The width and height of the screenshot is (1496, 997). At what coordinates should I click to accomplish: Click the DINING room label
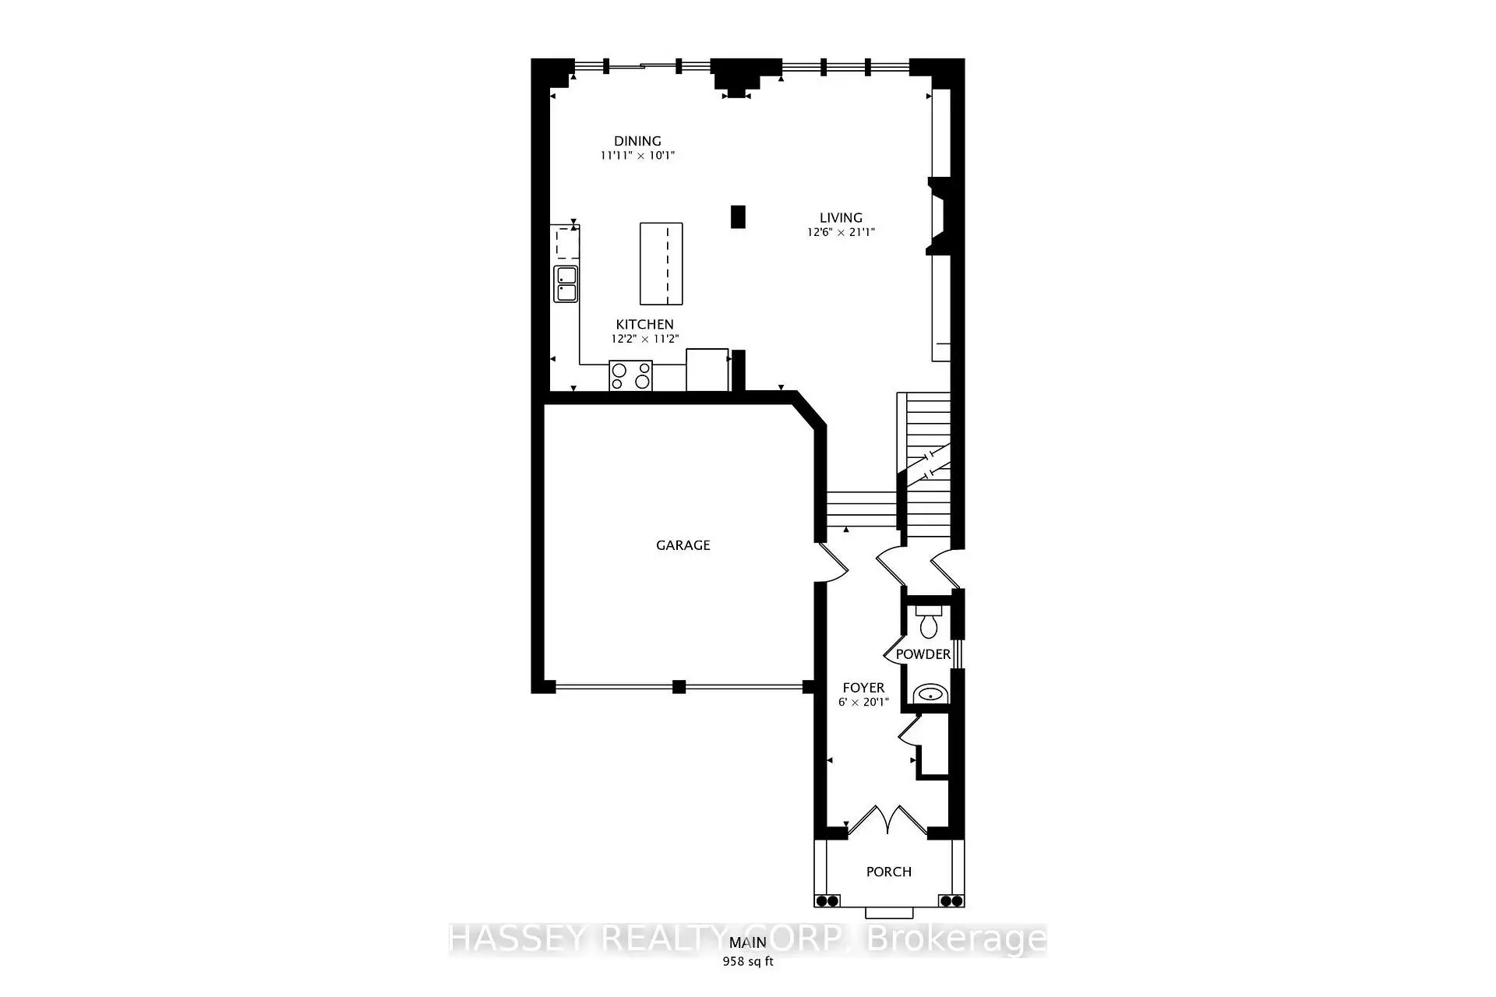[x=637, y=141]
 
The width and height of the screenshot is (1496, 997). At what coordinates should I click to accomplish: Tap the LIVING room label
[x=841, y=218]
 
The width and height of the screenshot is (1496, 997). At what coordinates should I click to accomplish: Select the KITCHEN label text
[x=644, y=325]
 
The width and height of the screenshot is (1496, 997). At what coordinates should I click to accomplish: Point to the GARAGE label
[x=683, y=545]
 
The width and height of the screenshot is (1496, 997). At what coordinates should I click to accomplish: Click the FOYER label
[x=863, y=688]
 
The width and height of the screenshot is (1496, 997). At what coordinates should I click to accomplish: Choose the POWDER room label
[x=923, y=654]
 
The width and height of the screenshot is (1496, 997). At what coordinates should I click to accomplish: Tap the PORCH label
[x=888, y=872]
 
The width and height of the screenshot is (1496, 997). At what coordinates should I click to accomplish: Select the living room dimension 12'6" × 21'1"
[x=841, y=232]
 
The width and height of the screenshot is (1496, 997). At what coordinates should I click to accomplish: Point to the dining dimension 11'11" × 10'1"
[x=637, y=155]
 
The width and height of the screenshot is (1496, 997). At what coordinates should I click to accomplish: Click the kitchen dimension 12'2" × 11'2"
[x=644, y=339]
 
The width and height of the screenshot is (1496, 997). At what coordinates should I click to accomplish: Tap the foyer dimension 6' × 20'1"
[x=863, y=702]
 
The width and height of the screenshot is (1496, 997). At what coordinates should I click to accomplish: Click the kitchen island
[x=661, y=263]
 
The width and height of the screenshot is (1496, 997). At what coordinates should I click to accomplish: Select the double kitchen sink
[x=565, y=284]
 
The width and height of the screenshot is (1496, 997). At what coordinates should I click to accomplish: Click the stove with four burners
[x=630, y=376]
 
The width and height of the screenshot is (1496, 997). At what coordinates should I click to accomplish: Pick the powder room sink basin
[x=928, y=692]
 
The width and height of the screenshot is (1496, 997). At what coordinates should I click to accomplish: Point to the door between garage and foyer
[x=831, y=562]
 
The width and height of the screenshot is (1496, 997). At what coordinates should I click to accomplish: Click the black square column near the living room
[x=738, y=217]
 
